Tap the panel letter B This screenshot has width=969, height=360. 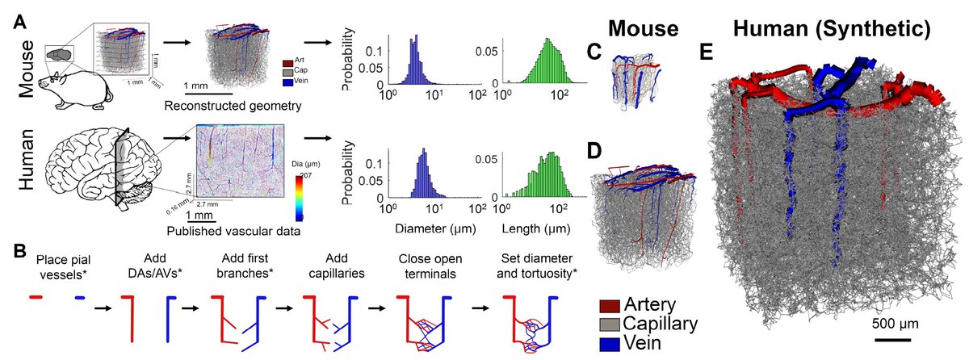pos(22,250)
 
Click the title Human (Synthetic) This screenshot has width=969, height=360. pos(832,30)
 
